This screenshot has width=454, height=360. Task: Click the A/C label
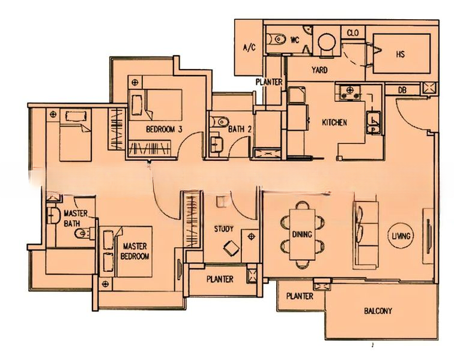pos(249,47)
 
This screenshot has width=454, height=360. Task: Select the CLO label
pos(353,33)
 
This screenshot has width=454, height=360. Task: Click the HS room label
pos(401,54)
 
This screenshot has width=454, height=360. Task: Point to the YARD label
pos(319,70)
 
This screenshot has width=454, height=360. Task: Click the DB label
pos(402,90)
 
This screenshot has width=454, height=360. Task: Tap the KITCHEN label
pos(334,122)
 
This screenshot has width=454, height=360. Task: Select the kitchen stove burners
pos(350,92)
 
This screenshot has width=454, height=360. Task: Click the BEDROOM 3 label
pos(164,129)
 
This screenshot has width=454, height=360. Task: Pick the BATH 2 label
pos(240,129)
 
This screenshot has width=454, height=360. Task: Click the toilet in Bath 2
pos(219,122)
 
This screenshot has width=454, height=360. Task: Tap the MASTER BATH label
pos(75,218)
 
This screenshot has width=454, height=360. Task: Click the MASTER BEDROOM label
pos(135,251)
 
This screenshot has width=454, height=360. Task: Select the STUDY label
pos(223,229)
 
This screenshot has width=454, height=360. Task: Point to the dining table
pos(302,235)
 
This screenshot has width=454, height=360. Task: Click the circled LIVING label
pos(401,236)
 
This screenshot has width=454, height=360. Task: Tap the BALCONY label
pos(378,311)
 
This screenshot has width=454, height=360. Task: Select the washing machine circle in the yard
pos(327,43)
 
